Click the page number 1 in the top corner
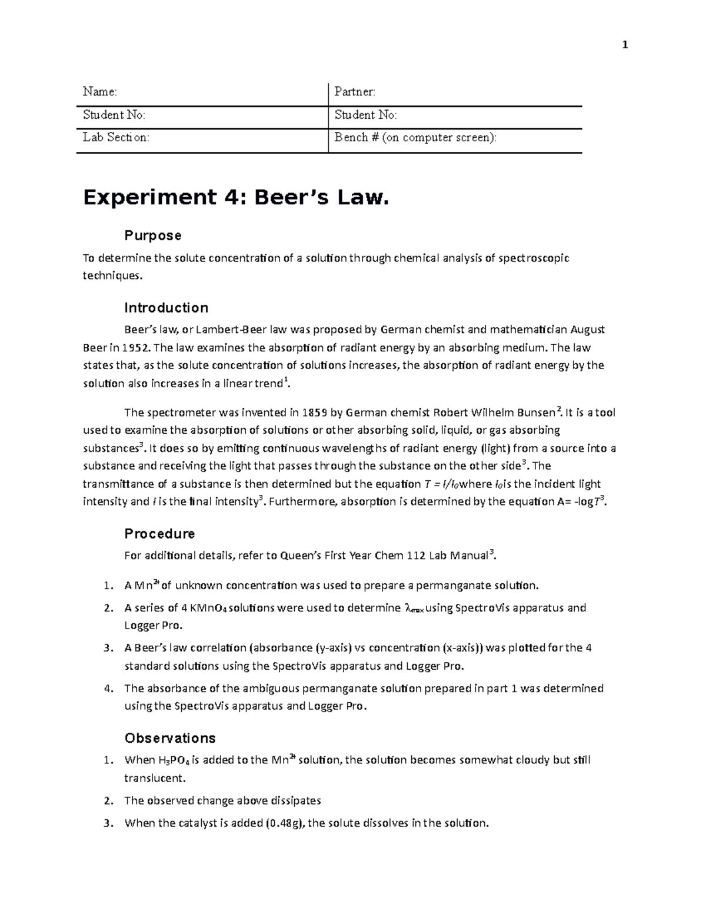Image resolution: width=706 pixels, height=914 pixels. [x=625, y=45]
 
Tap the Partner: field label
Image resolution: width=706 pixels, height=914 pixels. [x=354, y=91]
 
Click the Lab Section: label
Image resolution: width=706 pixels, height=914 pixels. [x=115, y=137]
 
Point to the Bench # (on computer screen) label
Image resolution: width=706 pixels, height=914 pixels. [x=415, y=137]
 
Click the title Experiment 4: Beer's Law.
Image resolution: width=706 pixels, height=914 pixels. [x=236, y=198]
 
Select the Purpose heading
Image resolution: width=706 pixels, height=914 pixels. [x=152, y=235]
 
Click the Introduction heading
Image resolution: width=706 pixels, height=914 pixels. [x=166, y=308]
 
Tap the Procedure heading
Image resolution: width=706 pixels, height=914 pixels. [x=159, y=534]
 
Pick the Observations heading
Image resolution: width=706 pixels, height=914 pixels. [x=170, y=738]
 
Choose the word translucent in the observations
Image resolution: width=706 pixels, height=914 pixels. [x=154, y=777]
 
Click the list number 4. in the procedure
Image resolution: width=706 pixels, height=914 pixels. [x=107, y=689]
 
